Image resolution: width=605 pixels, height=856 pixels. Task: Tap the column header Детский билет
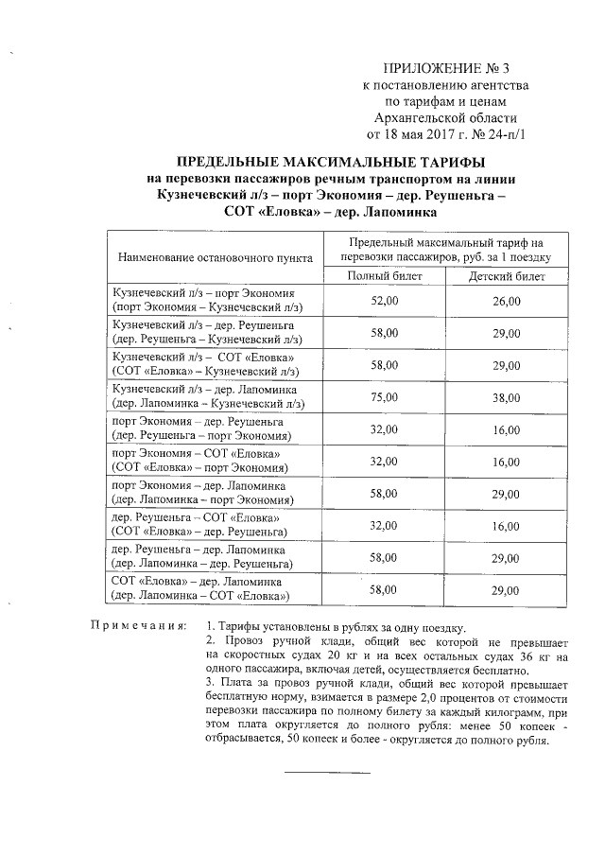(507, 275)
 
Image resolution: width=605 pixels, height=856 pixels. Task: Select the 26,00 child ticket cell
(507, 301)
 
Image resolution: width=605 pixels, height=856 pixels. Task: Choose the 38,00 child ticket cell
(507, 397)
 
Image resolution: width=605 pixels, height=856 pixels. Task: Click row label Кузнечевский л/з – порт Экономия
(204, 293)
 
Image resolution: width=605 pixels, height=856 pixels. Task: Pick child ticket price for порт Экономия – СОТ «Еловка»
(507, 462)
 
